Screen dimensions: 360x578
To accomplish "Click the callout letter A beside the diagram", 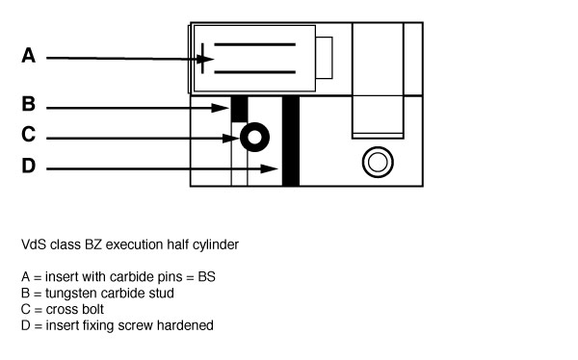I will coord(29,57).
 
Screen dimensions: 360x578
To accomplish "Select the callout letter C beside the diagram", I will coord(29,135).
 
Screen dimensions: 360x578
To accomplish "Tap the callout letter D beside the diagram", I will coord(29,167).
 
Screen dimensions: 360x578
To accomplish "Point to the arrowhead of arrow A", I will coord(206,59).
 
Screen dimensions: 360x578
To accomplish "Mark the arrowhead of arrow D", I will coord(276,169).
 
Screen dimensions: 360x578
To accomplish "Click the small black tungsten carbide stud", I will coord(240,109).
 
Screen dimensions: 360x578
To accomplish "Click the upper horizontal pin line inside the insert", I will coord(254,44).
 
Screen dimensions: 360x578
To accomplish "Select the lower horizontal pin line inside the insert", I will coord(254,71).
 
